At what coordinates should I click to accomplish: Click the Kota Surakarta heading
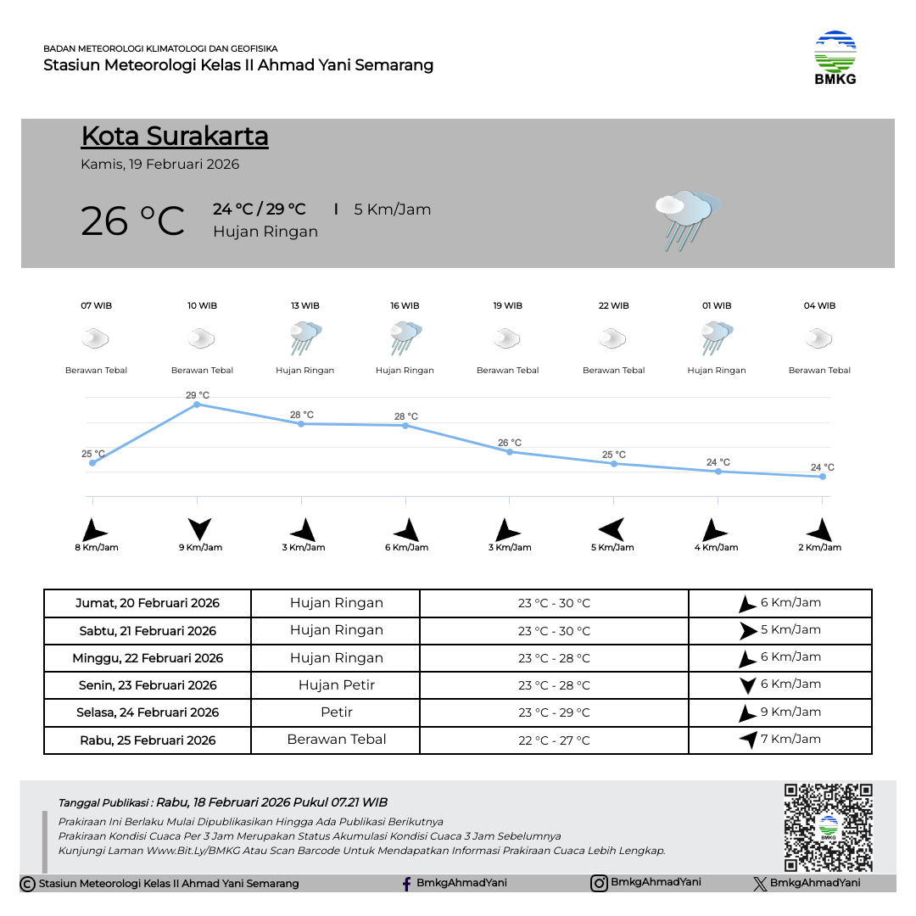point(175,137)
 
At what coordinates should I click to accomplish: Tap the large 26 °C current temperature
point(132,221)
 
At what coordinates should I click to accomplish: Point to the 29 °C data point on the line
point(197,405)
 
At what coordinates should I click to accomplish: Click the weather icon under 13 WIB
point(305,338)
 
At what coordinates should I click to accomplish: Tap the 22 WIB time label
point(613,305)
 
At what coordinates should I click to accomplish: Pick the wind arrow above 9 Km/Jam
point(200,529)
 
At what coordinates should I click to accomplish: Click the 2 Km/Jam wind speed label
point(820,548)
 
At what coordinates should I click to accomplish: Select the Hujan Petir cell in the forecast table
point(336,684)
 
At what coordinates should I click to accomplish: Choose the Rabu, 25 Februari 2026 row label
point(148,740)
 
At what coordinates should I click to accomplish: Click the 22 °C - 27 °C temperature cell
point(554,740)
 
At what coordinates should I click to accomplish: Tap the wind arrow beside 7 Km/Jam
point(748,740)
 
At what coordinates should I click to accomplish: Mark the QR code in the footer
point(828,827)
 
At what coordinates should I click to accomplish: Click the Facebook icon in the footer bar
point(407,884)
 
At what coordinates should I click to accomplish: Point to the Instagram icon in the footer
point(599,883)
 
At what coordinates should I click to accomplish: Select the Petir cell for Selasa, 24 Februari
point(336,712)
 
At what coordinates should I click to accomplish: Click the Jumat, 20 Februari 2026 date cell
point(148,604)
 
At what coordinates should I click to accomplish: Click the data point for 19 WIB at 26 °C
point(510,452)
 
